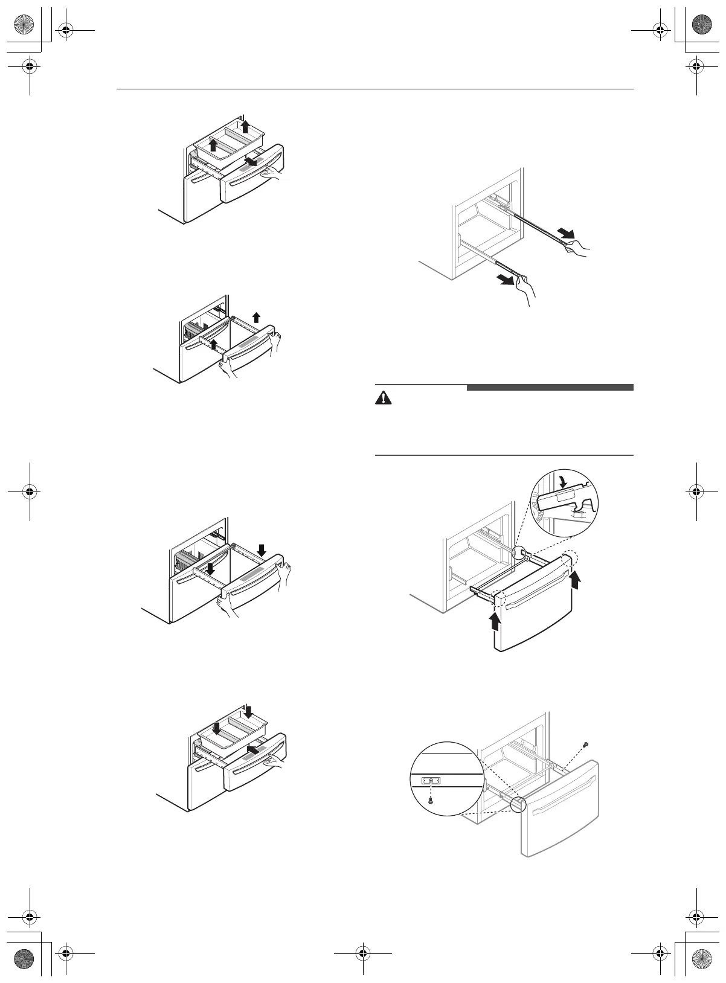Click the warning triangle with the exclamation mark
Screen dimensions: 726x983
(384, 399)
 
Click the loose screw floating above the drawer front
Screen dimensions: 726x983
(585, 745)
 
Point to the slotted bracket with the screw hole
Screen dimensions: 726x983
(431, 780)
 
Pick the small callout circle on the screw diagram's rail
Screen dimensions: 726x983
(518, 805)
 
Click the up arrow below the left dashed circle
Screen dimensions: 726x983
(496, 621)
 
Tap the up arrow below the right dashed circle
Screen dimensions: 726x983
(577, 580)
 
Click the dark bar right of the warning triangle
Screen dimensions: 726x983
(550, 388)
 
